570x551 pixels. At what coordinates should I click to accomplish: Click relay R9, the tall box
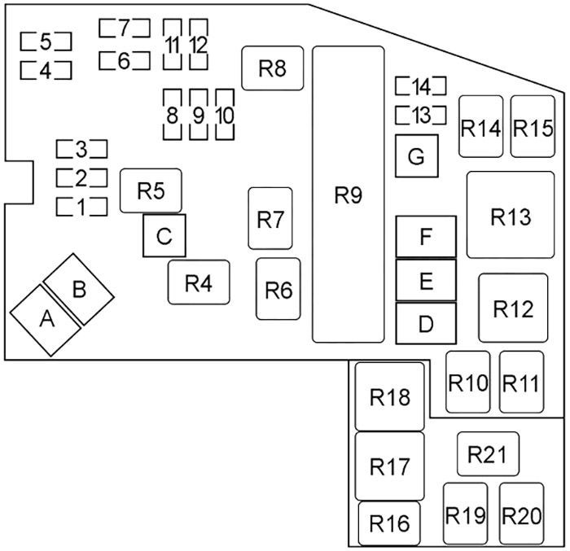(x=349, y=194)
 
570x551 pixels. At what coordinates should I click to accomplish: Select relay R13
(x=511, y=215)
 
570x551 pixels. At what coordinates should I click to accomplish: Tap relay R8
(x=272, y=68)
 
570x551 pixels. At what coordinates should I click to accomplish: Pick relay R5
(x=151, y=190)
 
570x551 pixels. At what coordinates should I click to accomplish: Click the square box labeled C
(x=164, y=235)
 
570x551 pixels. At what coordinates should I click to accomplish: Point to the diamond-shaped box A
(x=46, y=320)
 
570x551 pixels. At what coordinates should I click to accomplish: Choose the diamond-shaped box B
(x=79, y=289)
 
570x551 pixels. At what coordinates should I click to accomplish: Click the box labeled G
(x=417, y=156)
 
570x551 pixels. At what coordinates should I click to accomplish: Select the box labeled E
(x=426, y=280)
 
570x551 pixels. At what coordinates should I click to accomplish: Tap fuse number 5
(x=46, y=42)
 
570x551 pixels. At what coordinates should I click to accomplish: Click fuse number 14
(x=421, y=86)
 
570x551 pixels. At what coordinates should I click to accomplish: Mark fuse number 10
(x=225, y=115)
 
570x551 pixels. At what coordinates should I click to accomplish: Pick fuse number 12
(x=199, y=44)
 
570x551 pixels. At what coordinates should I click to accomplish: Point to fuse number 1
(x=81, y=207)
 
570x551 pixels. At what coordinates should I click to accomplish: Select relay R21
(x=488, y=453)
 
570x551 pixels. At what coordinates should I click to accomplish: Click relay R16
(x=389, y=523)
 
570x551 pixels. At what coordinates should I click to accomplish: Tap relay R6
(x=278, y=289)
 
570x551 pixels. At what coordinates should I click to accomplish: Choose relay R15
(x=533, y=126)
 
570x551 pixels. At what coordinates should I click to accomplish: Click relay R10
(x=468, y=382)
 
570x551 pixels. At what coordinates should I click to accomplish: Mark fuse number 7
(x=125, y=28)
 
